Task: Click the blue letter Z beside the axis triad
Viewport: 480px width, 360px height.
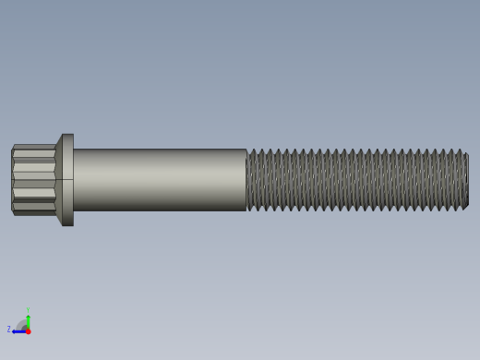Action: pos(9,330)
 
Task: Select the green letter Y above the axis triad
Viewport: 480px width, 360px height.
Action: pos(28,311)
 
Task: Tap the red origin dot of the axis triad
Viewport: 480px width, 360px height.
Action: pos(28,330)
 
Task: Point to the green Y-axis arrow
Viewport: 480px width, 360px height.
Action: pos(28,321)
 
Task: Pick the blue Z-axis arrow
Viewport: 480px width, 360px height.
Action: pos(18,330)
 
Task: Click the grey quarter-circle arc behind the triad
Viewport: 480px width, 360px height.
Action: pos(22,324)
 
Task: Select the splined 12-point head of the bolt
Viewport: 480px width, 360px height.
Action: pos(33,180)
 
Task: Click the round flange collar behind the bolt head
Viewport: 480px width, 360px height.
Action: pos(67,180)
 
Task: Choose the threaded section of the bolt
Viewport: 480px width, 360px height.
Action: pos(355,180)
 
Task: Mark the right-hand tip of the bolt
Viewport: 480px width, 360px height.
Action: pos(467,180)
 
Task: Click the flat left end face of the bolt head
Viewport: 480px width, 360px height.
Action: pos(12,180)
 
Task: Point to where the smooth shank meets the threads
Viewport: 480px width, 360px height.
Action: pos(246,180)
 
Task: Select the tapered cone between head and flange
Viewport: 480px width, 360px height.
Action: pos(58,180)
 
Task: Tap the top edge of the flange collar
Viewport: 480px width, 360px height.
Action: pos(67,135)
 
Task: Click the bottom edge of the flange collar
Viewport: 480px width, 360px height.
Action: pos(67,224)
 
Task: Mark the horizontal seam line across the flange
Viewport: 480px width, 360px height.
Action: pos(67,179)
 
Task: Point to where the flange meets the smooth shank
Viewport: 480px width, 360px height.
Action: pos(74,180)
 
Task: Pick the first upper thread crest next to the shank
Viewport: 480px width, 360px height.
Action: pos(251,150)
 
